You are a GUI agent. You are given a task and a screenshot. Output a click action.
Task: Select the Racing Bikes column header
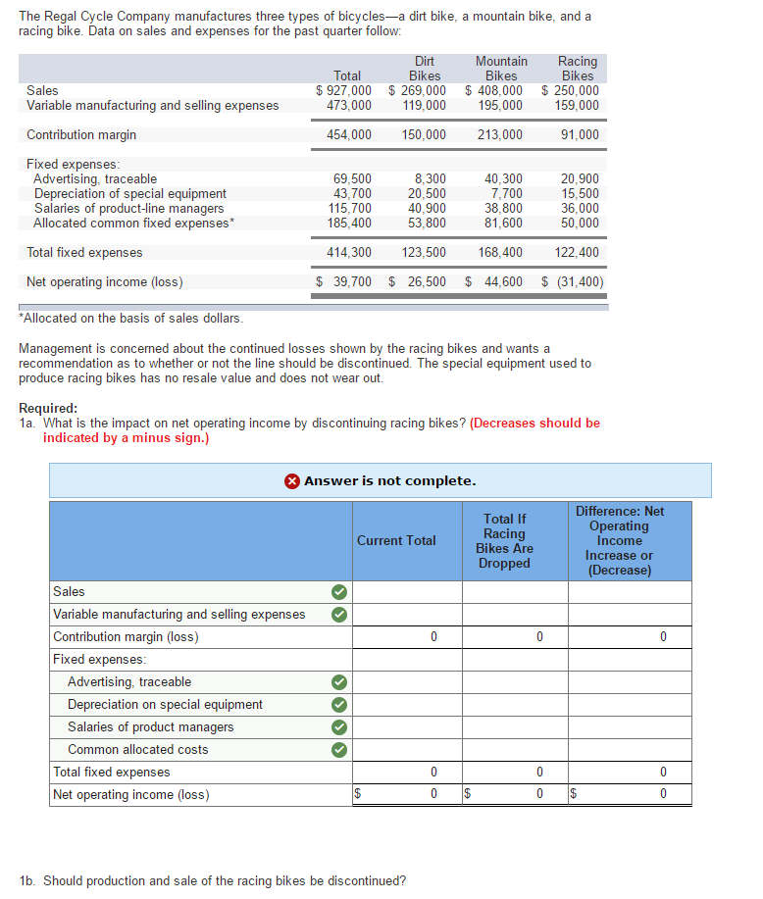(x=578, y=69)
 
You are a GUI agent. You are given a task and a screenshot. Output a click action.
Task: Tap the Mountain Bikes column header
(x=501, y=69)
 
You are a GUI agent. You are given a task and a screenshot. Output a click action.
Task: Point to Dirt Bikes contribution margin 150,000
(x=424, y=135)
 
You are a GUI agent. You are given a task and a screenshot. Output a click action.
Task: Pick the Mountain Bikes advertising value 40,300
(x=504, y=179)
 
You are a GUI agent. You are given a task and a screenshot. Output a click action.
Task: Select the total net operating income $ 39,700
(x=343, y=282)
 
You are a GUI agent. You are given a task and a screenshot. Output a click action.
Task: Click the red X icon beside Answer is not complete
(x=292, y=481)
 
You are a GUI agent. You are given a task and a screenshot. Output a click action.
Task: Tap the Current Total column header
(x=396, y=540)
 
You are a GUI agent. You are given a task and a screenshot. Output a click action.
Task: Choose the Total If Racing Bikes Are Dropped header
(x=505, y=540)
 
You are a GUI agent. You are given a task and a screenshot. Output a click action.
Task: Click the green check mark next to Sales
(x=337, y=592)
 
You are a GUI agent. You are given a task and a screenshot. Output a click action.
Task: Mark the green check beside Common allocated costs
(x=337, y=750)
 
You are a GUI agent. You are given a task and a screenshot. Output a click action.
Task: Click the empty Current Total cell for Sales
(x=396, y=592)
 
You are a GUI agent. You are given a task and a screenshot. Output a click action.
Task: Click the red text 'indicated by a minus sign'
(x=126, y=437)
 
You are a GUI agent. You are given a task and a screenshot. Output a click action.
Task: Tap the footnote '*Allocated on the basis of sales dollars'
(x=131, y=319)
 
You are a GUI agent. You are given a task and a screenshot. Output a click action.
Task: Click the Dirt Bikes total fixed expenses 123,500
(x=424, y=253)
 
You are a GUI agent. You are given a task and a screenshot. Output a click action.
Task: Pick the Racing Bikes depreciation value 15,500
(x=580, y=194)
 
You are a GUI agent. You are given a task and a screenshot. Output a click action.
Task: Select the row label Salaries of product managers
(x=150, y=727)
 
